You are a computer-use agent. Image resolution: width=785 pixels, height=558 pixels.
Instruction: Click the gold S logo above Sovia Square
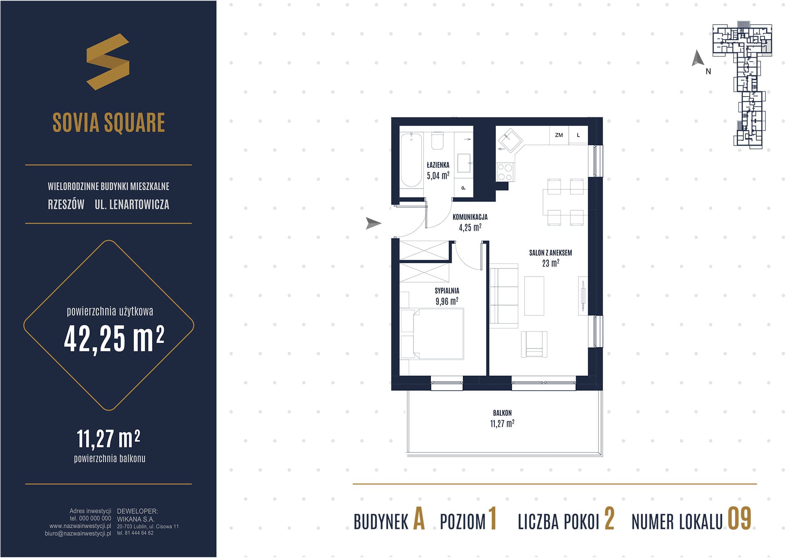tap(108, 61)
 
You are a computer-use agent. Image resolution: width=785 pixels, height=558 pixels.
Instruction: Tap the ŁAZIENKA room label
tap(438, 165)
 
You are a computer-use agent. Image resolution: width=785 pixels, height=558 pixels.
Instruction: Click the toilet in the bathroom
tap(437, 141)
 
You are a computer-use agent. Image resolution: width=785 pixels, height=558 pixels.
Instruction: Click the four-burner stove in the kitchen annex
tap(505, 172)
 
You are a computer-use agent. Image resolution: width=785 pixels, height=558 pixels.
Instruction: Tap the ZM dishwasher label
tap(559, 135)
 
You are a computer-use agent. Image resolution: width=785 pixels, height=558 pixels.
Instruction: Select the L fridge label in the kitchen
tap(578, 135)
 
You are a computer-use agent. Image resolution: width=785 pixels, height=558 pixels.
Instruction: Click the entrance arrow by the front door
tap(373, 223)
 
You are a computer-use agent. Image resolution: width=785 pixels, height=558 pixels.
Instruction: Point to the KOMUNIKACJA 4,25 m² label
tap(470, 222)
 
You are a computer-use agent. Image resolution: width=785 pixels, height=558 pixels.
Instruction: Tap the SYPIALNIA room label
tap(447, 291)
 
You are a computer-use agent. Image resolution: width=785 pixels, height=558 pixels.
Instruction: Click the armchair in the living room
tap(534, 344)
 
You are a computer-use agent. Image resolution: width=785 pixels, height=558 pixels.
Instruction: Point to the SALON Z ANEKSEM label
tap(550, 253)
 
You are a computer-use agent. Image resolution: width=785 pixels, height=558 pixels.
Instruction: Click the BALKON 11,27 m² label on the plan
tap(502, 418)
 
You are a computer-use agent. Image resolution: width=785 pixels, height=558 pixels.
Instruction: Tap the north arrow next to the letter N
tap(698, 58)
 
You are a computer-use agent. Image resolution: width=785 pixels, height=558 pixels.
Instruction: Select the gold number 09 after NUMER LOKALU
tap(739, 518)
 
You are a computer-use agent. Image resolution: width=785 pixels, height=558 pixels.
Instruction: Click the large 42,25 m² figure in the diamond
tap(114, 339)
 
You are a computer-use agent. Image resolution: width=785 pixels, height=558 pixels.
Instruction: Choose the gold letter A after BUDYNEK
tap(419, 518)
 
